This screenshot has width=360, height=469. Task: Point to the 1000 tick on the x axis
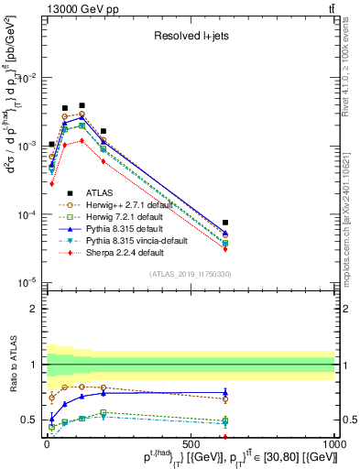pos(334,442)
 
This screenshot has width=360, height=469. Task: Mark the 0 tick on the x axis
pos(46,442)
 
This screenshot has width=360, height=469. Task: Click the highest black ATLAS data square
pos(109,105)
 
